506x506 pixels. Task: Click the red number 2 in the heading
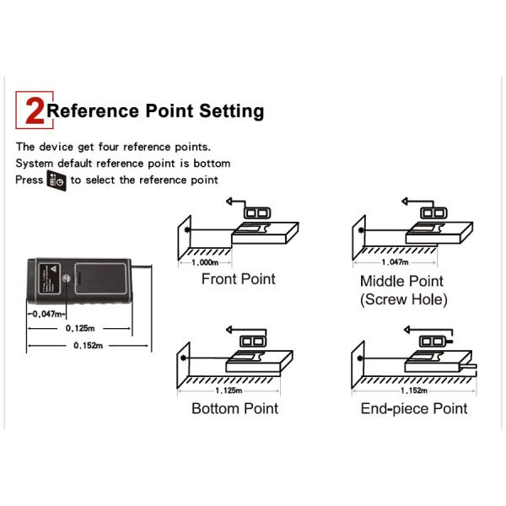pos(35,110)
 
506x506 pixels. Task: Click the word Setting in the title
pos(231,111)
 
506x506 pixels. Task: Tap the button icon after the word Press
pos(57,180)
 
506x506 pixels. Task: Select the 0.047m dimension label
pos(47,314)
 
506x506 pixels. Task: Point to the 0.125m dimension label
pos(80,328)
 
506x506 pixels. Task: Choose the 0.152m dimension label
pos(88,346)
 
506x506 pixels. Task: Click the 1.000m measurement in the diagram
pos(205,262)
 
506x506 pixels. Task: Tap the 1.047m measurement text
pos(395,262)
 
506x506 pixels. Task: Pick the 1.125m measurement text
pos(229,390)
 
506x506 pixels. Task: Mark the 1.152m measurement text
pos(414,390)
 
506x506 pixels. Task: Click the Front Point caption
pos(239,279)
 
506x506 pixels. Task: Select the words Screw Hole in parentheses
pos(404,299)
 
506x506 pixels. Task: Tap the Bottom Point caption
pos(235,408)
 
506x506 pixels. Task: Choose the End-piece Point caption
pos(414,409)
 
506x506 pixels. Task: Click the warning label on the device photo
pos(50,279)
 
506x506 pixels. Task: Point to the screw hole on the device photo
pos(66,278)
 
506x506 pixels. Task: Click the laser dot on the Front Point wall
pos(186,230)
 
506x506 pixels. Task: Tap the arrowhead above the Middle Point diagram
pos(405,202)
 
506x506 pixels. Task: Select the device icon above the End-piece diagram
pos(435,341)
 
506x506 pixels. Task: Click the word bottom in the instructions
pos(212,164)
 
